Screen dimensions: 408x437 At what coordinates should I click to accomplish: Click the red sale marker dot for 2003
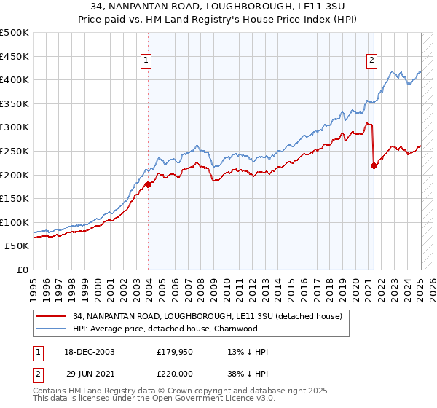pos(148,184)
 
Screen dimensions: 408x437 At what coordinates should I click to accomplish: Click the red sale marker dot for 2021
pos(374,165)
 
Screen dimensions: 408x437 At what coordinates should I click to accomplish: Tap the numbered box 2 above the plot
pos(371,60)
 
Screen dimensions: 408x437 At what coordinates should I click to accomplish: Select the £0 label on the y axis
pos(23,270)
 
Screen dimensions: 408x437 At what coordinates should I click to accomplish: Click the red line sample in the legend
pos(52,316)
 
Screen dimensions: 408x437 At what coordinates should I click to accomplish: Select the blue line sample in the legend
pos(52,329)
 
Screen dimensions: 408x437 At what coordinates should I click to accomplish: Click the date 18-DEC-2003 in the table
pos(82,352)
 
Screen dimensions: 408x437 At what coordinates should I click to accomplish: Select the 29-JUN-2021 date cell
pos(82,372)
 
